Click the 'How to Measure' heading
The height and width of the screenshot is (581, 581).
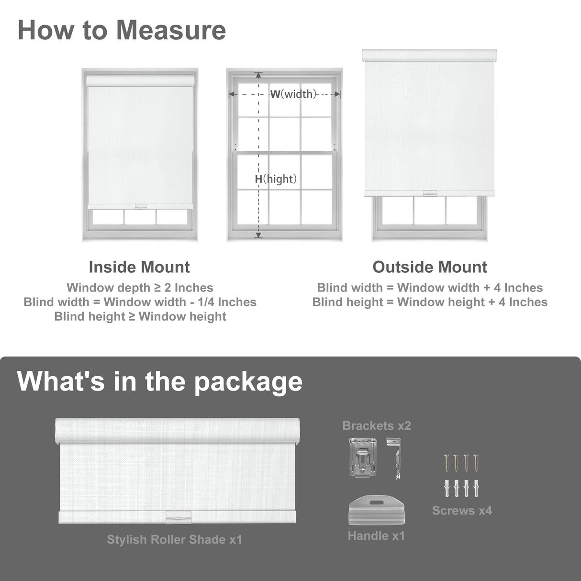pyautogui.click(x=122, y=30)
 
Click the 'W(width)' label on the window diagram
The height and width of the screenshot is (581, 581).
pyautogui.click(x=293, y=94)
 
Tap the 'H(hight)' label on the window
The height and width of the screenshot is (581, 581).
pyautogui.click(x=276, y=179)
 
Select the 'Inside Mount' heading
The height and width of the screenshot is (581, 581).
pyautogui.click(x=139, y=267)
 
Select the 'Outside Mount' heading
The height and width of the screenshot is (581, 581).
pyautogui.click(x=430, y=267)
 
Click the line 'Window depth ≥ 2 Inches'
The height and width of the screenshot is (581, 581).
pyautogui.click(x=140, y=288)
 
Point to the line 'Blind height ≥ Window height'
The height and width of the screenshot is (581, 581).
pyautogui.click(x=140, y=316)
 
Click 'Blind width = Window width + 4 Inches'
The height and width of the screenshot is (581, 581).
pyautogui.click(x=430, y=288)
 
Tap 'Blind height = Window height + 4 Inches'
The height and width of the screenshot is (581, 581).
pyautogui.click(x=430, y=302)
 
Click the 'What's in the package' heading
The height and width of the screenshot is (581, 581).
pyautogui.click(x=160, y=381)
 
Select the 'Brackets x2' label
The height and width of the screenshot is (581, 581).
pyautogui.click(x=377, y=425)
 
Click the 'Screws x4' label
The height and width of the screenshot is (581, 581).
pyautogui.click(x=462, y=511)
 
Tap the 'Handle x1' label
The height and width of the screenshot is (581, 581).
pyautogui.click(x=376, y=536)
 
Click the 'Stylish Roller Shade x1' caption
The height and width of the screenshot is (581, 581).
pyautogui.click(x=174, y=539)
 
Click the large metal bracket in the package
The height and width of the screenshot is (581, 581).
pyautogui.click(x=362, y=458)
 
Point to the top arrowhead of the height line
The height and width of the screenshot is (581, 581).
pyautogui.click(x=258, y=75)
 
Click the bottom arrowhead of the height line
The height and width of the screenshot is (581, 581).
pyautogui.click(x=258, y=235)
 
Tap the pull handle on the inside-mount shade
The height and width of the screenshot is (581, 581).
pyautogui.click(x=140, y=207)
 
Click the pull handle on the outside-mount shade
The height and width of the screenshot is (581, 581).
pyautogui.click(x=430, y=193)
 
